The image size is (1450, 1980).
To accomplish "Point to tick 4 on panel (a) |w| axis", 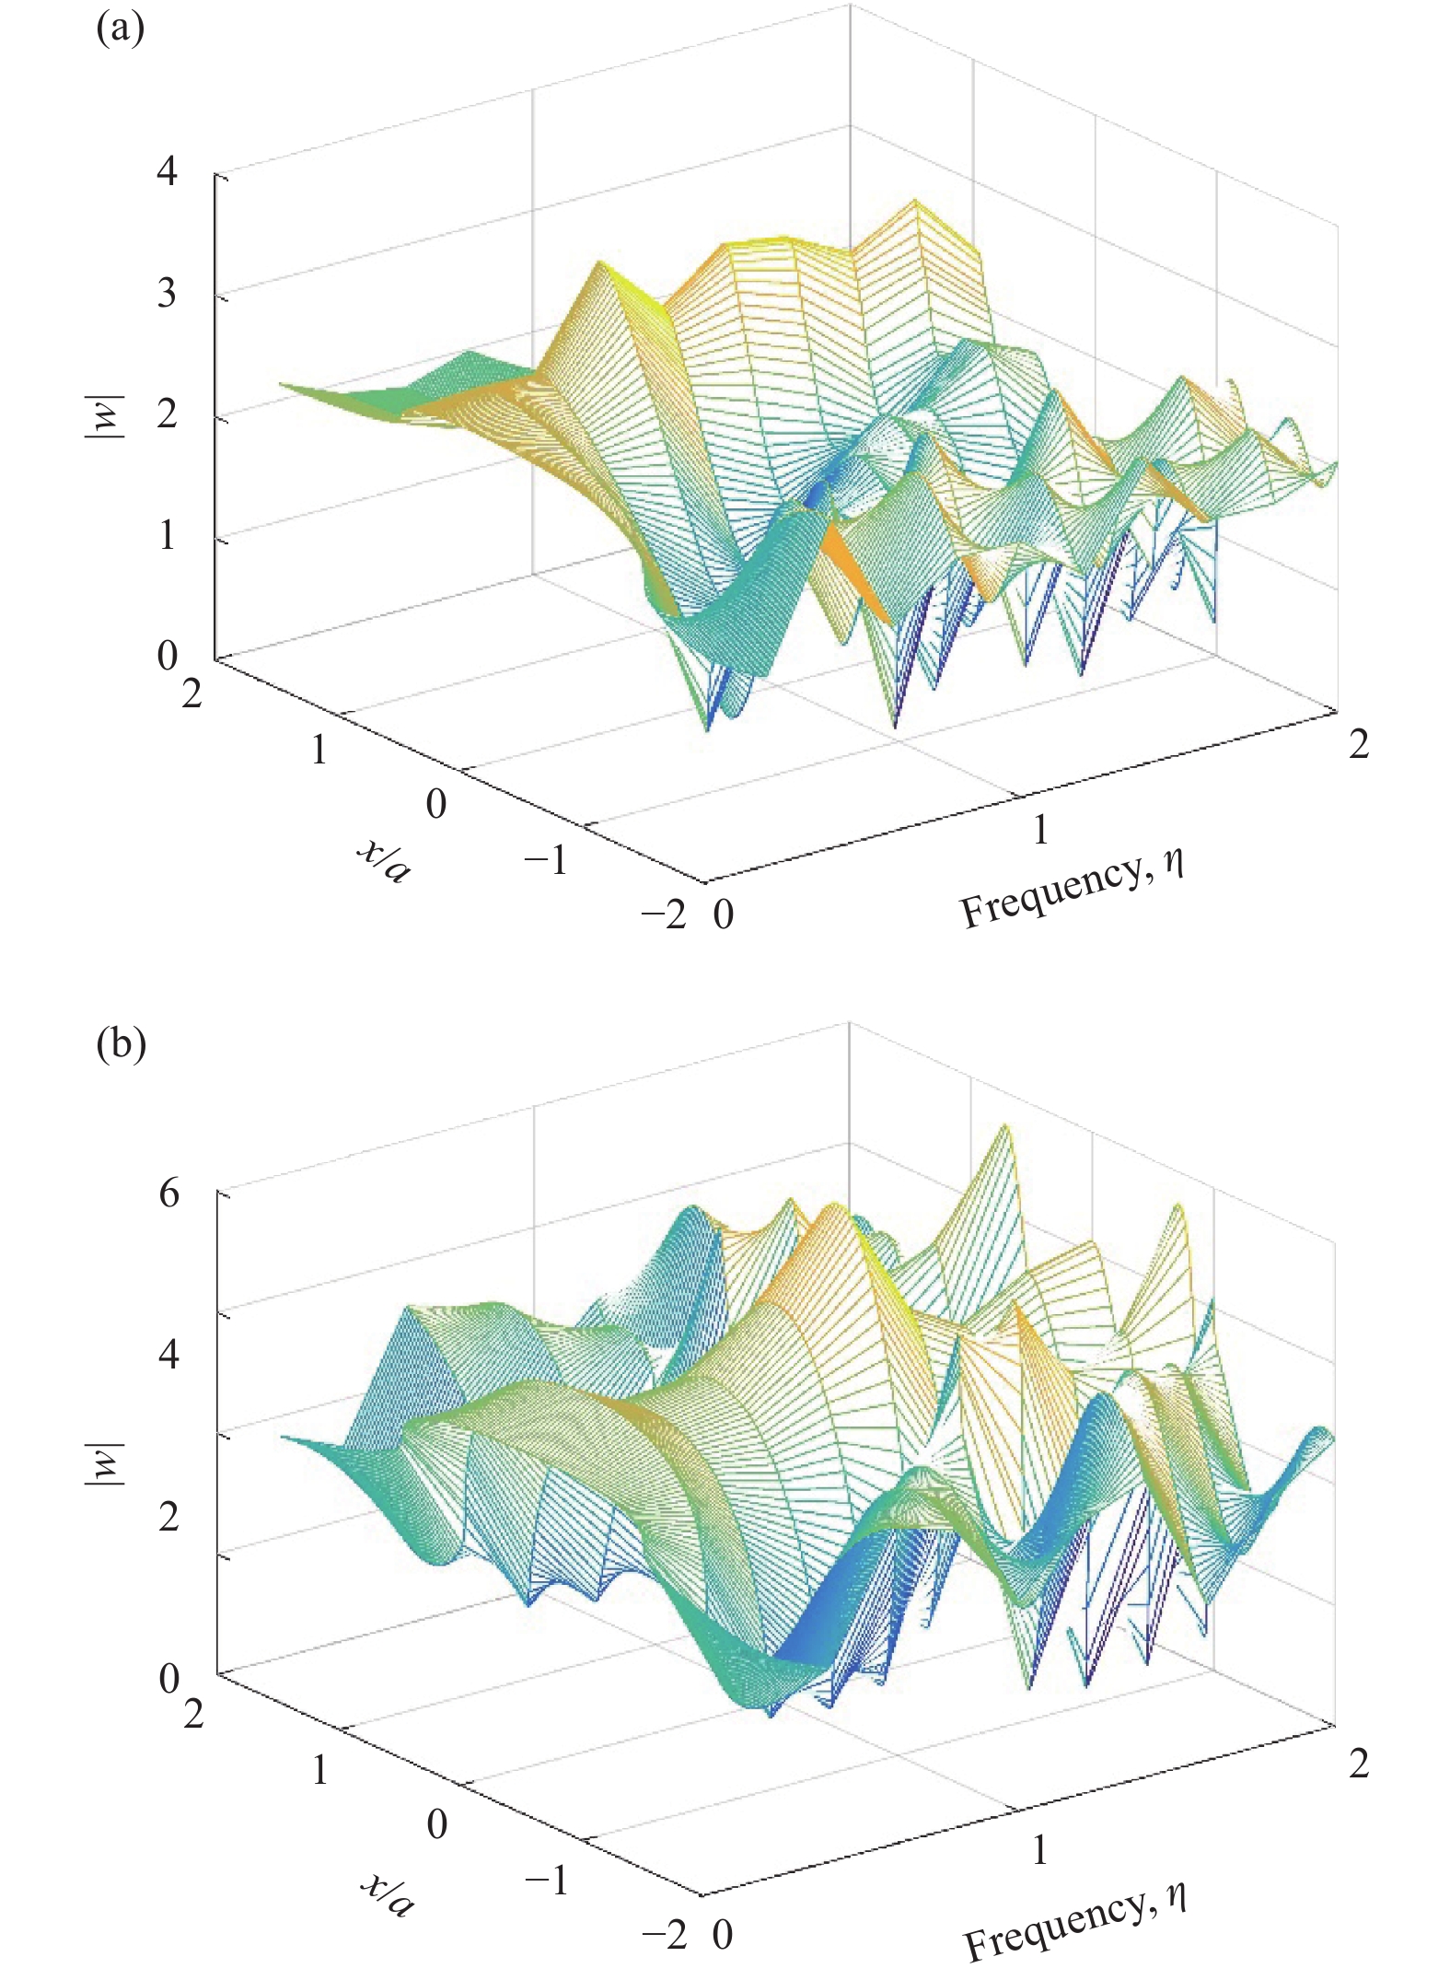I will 167,171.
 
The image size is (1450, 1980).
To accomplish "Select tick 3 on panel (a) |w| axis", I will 167,294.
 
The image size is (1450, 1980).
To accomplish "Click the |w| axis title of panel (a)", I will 104,415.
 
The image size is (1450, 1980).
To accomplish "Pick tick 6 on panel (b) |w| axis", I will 168,1194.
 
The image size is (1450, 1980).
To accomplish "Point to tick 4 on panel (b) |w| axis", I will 168,1354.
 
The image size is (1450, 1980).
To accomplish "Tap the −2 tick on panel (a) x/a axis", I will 664,914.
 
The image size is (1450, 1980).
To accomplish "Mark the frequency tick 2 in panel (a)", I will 1359,744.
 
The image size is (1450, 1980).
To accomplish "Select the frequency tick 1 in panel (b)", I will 1040,1849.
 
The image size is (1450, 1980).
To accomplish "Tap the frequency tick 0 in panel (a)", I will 724,914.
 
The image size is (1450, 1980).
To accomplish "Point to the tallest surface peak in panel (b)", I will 1005,1127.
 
